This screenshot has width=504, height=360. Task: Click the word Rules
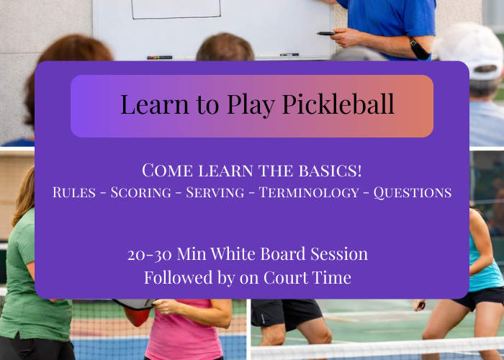(x=76, y=193)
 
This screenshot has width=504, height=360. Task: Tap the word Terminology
(x=308, y=193)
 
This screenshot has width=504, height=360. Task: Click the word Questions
(x=412, y=193)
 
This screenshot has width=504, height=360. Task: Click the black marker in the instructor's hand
(x=326, y=33)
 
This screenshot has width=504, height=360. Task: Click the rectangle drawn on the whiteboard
(x=176, y=9)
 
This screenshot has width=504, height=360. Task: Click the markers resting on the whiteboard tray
(x=160, y=57)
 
